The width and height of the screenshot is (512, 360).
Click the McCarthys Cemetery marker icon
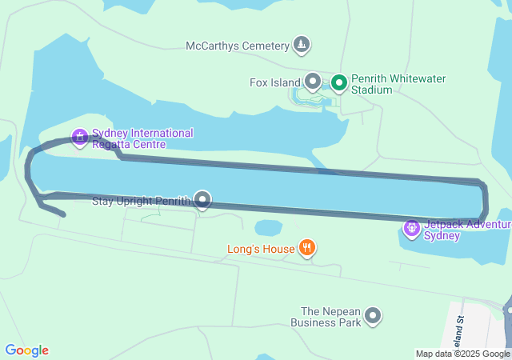pos(301,45)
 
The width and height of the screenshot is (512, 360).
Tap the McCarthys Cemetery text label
pos(237,46)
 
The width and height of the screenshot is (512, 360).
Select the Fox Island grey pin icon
pos(313,82)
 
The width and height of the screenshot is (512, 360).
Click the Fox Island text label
pos(275,82)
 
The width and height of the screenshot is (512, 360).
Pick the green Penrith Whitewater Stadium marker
pos(339,82)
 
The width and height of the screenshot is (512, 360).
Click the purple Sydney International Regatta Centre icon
pos(80,138)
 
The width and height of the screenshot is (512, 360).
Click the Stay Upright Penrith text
pos(142,200)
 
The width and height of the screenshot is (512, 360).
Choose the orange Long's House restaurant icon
pos(306,248)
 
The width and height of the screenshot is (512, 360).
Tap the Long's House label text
pos(261,249)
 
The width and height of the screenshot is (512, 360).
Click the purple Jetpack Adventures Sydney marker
pos(412,230)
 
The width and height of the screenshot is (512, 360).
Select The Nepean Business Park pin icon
pos(373,317)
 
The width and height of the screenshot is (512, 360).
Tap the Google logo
pos(26,350)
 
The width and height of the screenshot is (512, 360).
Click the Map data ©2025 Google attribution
pos(462,354)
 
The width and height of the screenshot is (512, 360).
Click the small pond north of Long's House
pos(268,228)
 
